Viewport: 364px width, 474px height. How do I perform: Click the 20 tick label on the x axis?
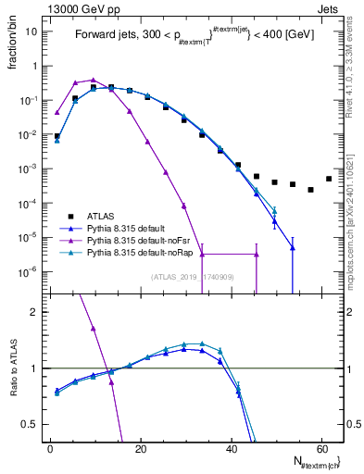click(140, 449)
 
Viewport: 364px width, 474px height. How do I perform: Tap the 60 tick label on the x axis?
click(320, 449)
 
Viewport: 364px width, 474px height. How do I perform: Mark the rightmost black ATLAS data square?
click(329, 179)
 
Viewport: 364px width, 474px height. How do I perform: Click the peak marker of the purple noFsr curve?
click(94, 80)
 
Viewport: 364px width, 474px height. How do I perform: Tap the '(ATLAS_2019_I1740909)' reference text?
click(192, 277)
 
